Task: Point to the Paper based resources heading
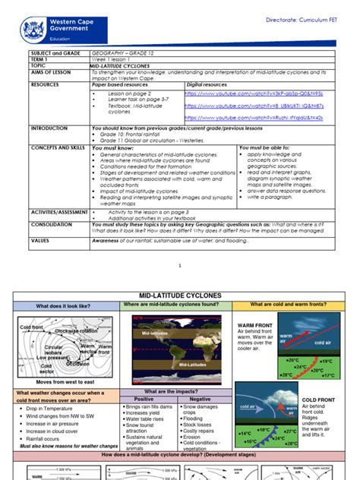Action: point(125,86)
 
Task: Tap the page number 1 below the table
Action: point(180,266)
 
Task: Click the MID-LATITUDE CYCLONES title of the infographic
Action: point(179,295)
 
